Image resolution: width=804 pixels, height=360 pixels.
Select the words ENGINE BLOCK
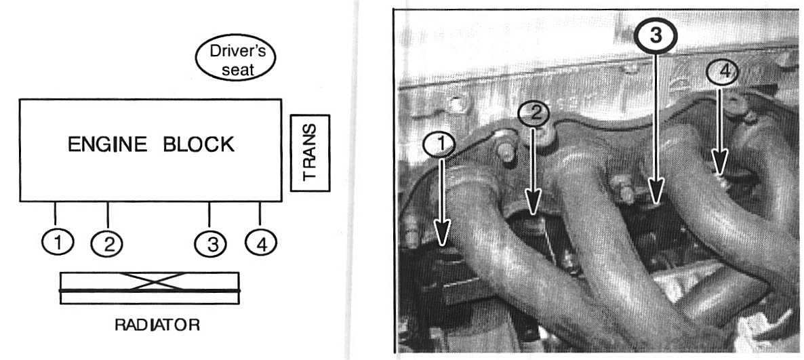(x=150, y=144)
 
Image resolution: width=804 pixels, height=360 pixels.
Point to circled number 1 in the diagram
(x=58, y=240)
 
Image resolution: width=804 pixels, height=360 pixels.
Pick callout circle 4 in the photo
(x=720, y=72)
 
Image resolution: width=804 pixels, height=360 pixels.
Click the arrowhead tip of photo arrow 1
(x=443, y=241)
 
